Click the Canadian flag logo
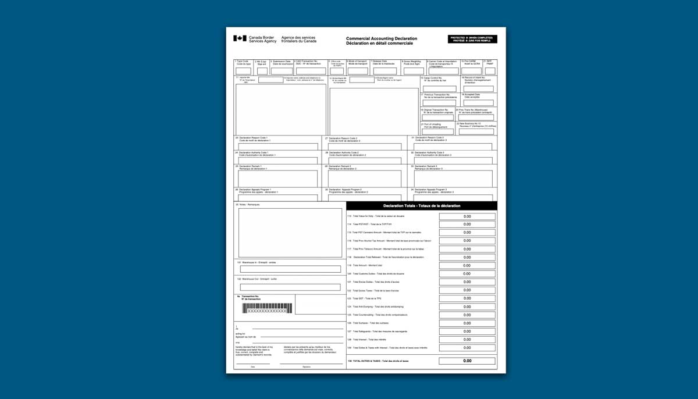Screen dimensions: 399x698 pyautogui.click(x=240, y=38)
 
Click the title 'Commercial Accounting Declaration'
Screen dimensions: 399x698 pyautogui.click(x=381, y=38)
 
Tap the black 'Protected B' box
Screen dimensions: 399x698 pyautogui.click(x=472, y=39)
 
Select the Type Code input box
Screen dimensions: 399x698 pyautogui.click(x=243, y=71)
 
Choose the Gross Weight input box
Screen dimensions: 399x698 pyautogui.click(x=414, y=71)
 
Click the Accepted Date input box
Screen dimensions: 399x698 pyautogui.click(x=478, y=102)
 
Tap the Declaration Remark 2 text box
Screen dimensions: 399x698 pyautogui.click(x=364, y=179)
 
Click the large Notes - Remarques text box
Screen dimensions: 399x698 pyautogui.click(x=290, y=233)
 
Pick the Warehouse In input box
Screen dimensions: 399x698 pyautogui.click(x=290, y=269)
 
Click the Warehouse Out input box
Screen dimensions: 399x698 pyautogui.click(x=290, y=287)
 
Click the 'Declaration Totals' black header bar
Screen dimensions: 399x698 pyautogui.click(x=422, y=206)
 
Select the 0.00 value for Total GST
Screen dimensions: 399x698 pyautogui.click(x=467, y=298)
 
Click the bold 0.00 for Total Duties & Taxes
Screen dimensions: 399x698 pyautogui.click(x=467, y=361)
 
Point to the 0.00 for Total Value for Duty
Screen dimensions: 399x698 pyautogui.click(x=467, y=216)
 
